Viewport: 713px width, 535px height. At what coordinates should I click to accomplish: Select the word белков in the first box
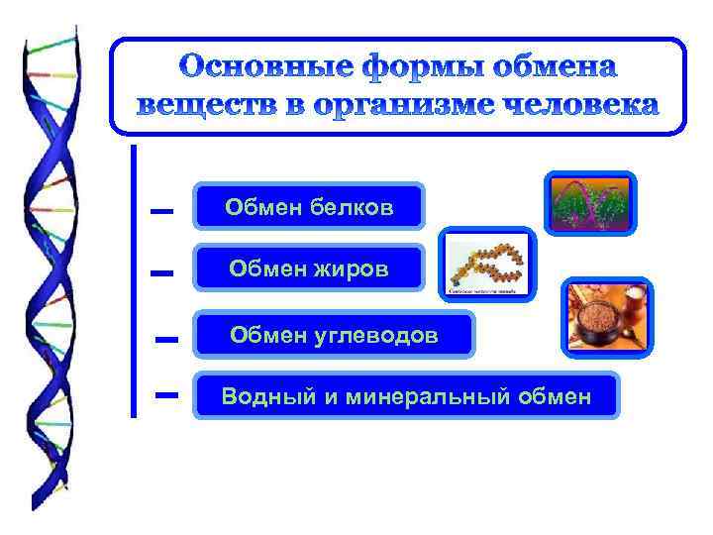click(x=352, y=207)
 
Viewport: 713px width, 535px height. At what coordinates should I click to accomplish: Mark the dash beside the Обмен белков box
click(x=161, y=211)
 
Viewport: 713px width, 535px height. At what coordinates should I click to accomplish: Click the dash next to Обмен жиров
click(x=162, y=272)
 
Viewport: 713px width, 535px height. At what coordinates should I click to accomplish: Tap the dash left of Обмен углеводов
click(x=166, y=340)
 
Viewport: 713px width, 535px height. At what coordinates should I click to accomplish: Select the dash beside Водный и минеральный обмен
click(x=166, y=394)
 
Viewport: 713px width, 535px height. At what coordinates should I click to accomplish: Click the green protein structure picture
click(x=590, y=203)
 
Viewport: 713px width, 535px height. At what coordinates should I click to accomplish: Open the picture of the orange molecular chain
click(x=488, y=266)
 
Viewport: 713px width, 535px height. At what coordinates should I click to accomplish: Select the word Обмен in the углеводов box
click(x=265, y=336)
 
